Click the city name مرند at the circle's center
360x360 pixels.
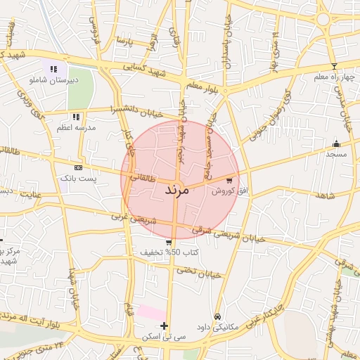click(x=176, y=190)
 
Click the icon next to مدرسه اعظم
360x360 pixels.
click(x=75, y=117)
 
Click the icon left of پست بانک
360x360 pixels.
click(x=77, y=168)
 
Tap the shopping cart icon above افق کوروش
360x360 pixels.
click(x=229, y=179)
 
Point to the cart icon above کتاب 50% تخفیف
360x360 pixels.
click(x=169, y=243)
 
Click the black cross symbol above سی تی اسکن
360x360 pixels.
click(x=165, y=326)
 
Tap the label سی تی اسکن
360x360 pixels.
click(x=164, y=337)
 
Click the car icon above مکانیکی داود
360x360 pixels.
click(x=219, y=317)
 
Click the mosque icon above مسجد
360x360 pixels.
click(x=335, y=144)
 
